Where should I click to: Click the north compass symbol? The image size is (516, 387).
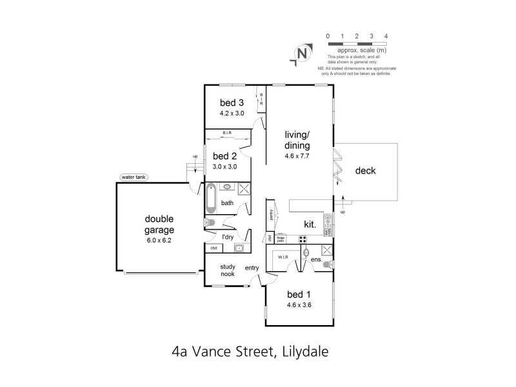(x=301, y=54)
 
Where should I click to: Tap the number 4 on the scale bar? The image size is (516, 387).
(x=386, y=35)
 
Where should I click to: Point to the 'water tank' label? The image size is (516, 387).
(x=133, y=177)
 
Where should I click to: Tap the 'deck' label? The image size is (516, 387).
(x=365, y=171)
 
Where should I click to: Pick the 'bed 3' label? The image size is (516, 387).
(x=232, y=103)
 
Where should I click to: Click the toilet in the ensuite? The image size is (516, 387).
(x=330, y=264)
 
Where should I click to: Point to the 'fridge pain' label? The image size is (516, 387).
(x=281, y=239)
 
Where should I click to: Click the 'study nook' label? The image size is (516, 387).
(x=227, y=270)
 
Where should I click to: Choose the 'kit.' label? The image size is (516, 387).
(x=310, y=224)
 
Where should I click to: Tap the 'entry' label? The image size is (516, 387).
(x=252, y=267)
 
